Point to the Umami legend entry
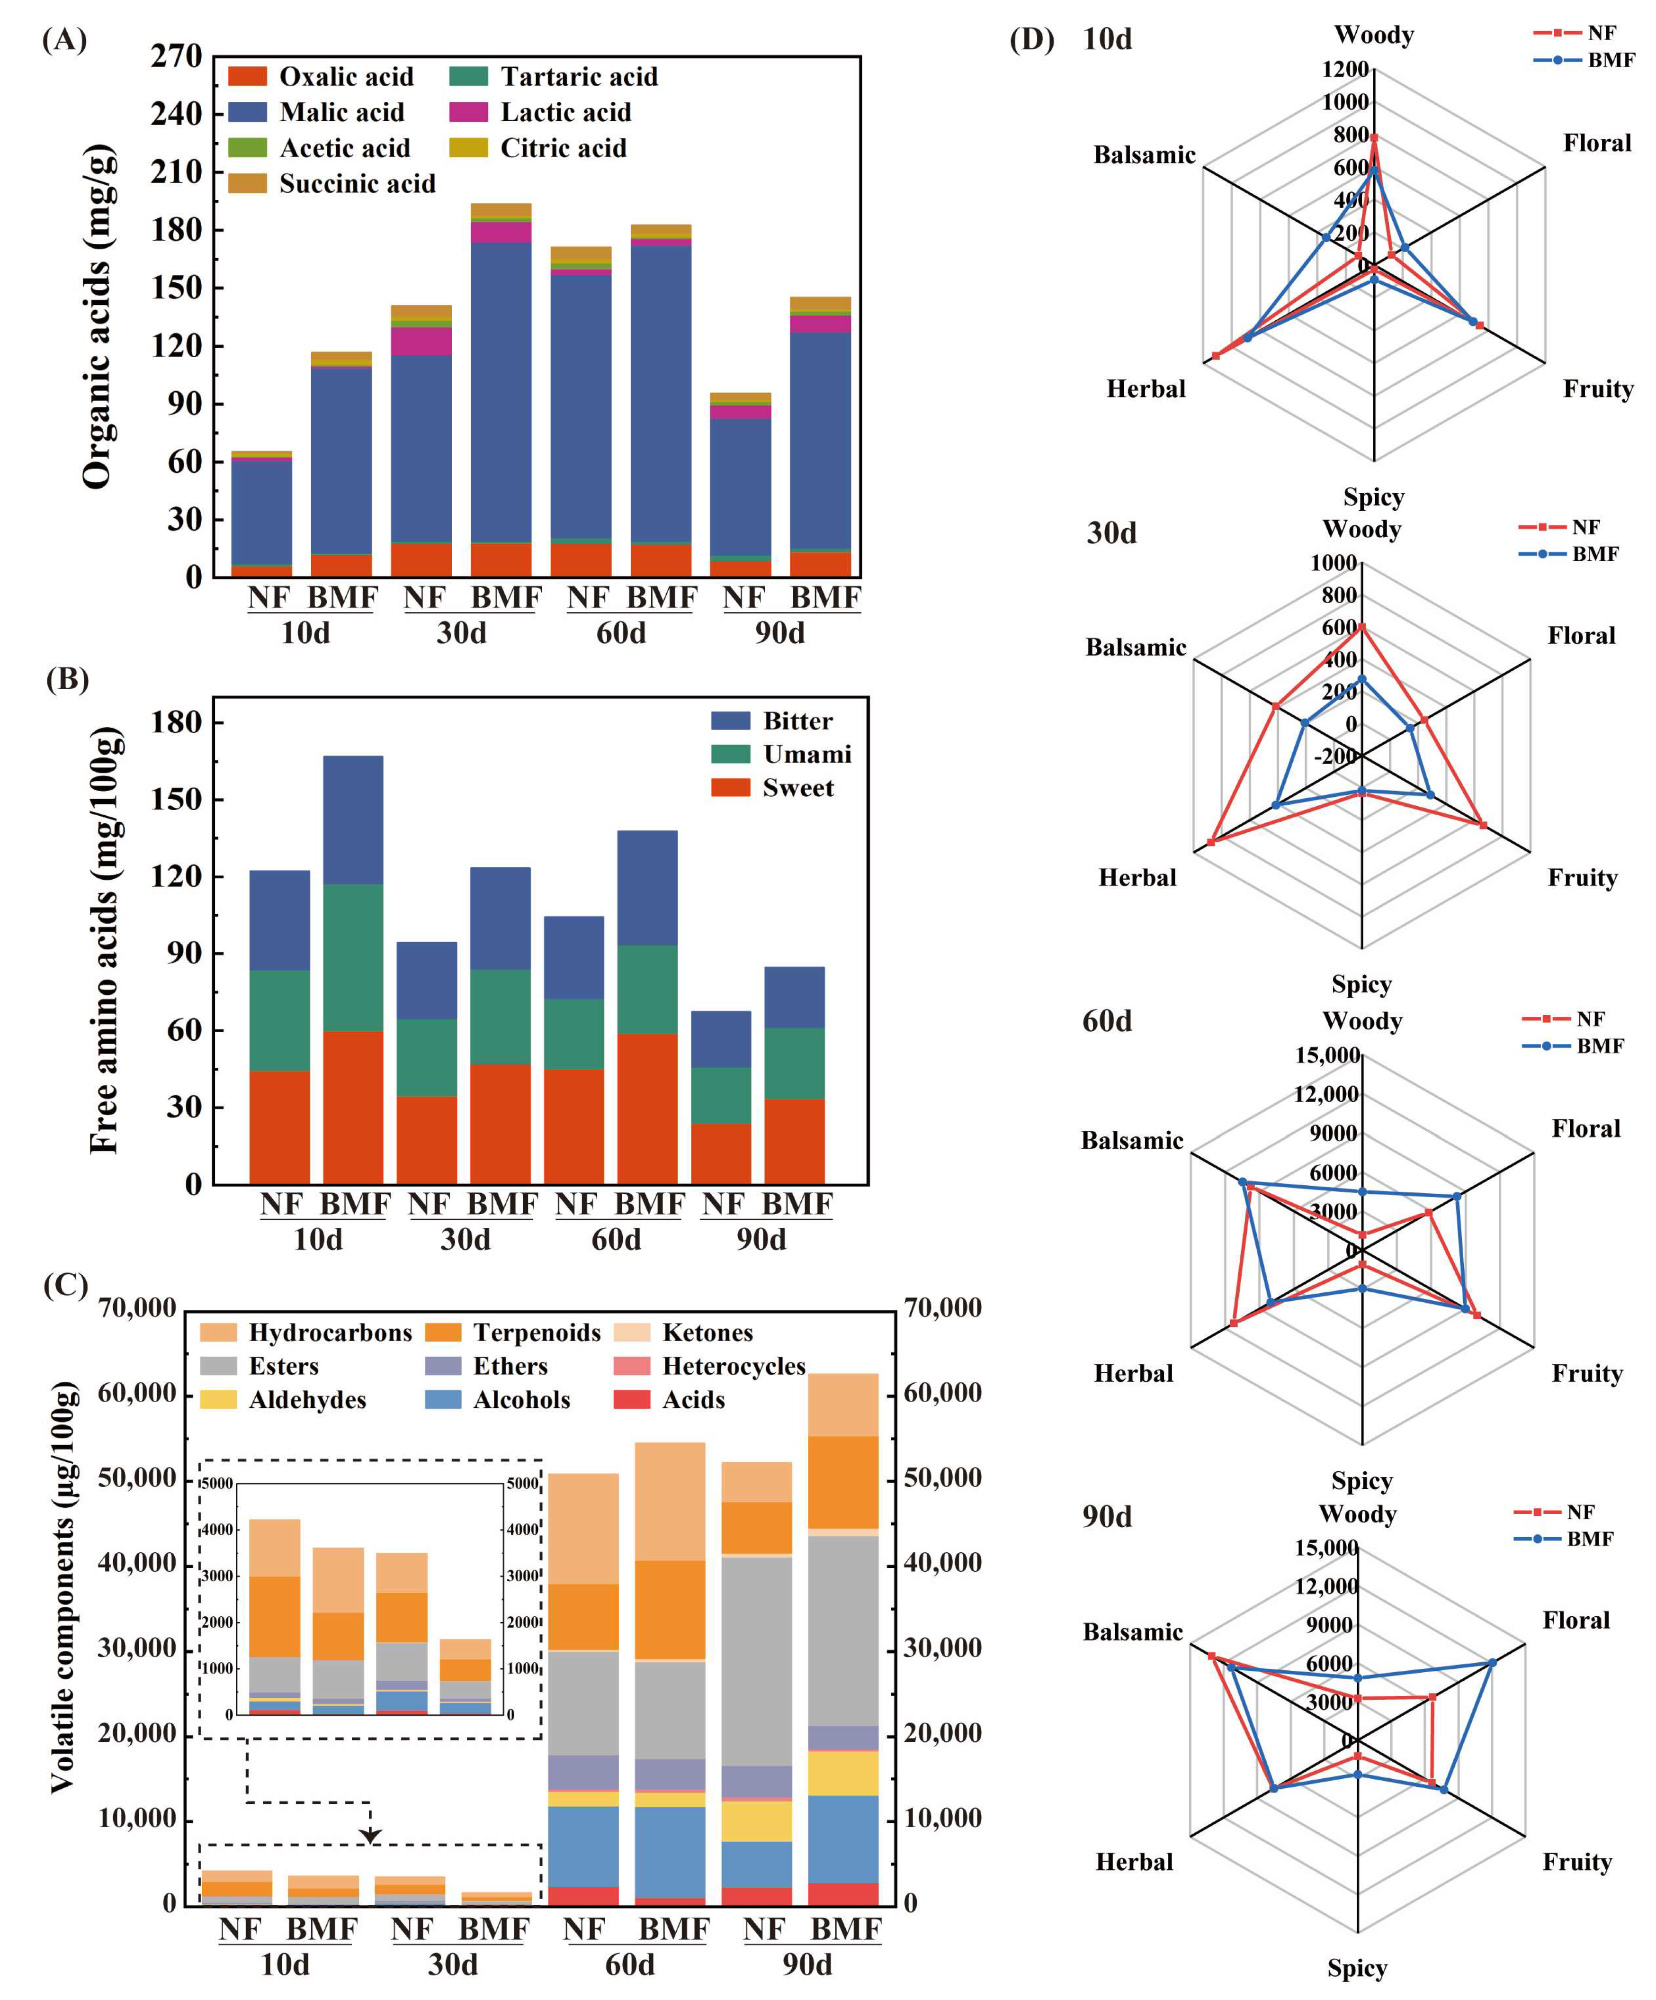click(806, 754)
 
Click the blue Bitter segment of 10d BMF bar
click(353, 819)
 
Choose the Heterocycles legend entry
click(733, 1367)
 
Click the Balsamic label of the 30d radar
click(1136, 648)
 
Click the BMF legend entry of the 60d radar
click(1600, 1046)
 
